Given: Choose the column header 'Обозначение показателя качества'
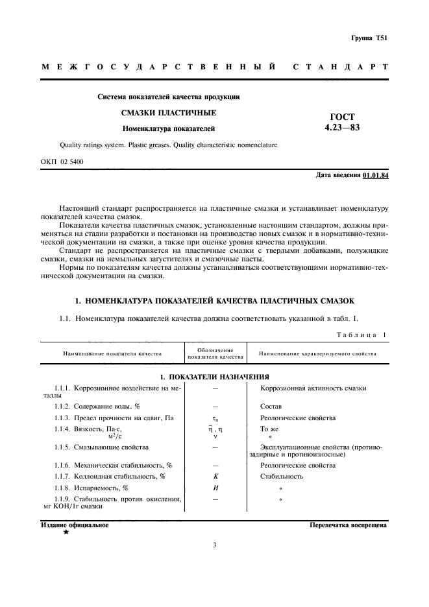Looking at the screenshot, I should [x=215, y=353].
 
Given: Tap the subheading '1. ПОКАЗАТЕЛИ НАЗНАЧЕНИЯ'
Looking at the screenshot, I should [x=214, y=377].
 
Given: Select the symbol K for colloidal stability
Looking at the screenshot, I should [x=215, y=476].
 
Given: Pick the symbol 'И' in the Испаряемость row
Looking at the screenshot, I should [x=215, y=488].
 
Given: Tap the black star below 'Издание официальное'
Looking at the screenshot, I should [x=66, y=531].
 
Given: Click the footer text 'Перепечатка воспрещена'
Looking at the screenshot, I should [x=348, y=525].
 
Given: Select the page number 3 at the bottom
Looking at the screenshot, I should [x=214, y=545].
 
